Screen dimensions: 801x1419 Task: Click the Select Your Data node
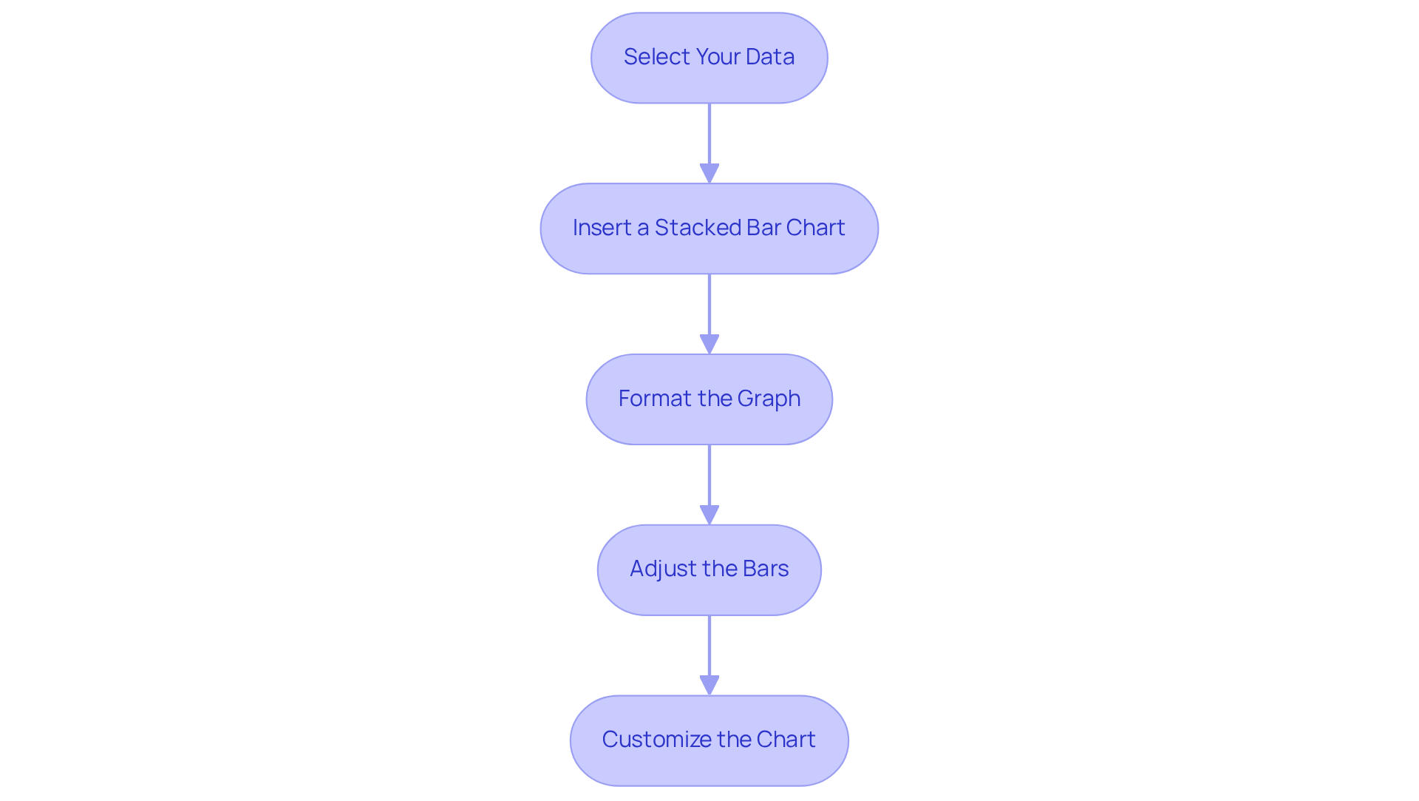pos(709,58)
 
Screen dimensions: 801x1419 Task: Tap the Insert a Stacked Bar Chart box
pos(709,229)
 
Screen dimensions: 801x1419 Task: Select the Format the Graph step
pos(709,399)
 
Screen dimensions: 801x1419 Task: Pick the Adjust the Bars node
pos(709,570)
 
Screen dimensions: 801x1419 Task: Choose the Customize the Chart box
pos(709,740)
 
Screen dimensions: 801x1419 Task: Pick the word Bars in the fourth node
pos(766,569)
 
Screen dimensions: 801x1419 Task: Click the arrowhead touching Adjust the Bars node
pos(709,515)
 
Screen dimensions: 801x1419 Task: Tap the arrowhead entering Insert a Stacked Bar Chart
pos(709,173)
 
